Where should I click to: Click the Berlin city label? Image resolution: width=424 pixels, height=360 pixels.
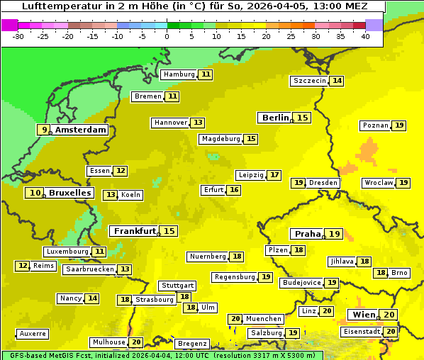[x=275, y=118]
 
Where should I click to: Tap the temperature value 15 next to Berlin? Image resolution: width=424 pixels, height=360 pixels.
[x=303, y=118]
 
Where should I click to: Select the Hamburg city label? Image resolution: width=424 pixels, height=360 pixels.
[x=179, y=74]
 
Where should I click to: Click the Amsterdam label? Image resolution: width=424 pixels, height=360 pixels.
[x=81, y=130]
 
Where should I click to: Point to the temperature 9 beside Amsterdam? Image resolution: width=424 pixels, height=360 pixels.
[x=45, y=130]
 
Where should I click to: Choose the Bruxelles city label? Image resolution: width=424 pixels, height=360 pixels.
[x=69, y=193]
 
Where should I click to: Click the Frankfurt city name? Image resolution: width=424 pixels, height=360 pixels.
[x=135, y=231]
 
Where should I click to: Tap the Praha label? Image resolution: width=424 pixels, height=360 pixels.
[x=308, y=234]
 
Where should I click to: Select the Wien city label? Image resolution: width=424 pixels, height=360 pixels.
[x=362, y=315]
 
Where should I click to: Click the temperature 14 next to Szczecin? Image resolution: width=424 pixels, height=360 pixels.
[x=337, y=81]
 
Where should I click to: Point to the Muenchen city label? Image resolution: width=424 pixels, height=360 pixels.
[x=264, y=319]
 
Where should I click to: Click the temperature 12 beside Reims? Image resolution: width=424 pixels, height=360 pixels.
[x=23, y=266]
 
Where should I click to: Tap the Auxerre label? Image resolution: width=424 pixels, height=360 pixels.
[x=33, y=333]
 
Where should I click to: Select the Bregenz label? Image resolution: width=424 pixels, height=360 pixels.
[x=192, y=344]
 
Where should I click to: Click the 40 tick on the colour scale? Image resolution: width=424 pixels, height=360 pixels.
[x=365, y=36]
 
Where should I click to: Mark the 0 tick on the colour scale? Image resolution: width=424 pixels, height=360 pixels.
[x=167, y=36]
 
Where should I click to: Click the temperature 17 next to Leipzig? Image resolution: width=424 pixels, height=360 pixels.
[x=274, y=175]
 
